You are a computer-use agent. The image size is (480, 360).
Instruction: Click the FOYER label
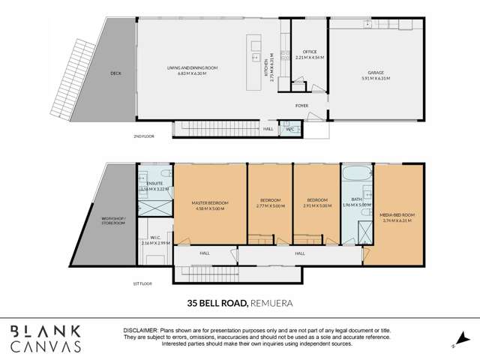click(301, 106)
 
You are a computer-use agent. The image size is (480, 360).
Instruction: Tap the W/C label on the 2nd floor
click(289, 128)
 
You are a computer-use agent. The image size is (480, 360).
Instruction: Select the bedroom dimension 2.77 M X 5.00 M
click(269, 205)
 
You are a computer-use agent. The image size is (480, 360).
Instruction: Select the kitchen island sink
click(256, 55)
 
